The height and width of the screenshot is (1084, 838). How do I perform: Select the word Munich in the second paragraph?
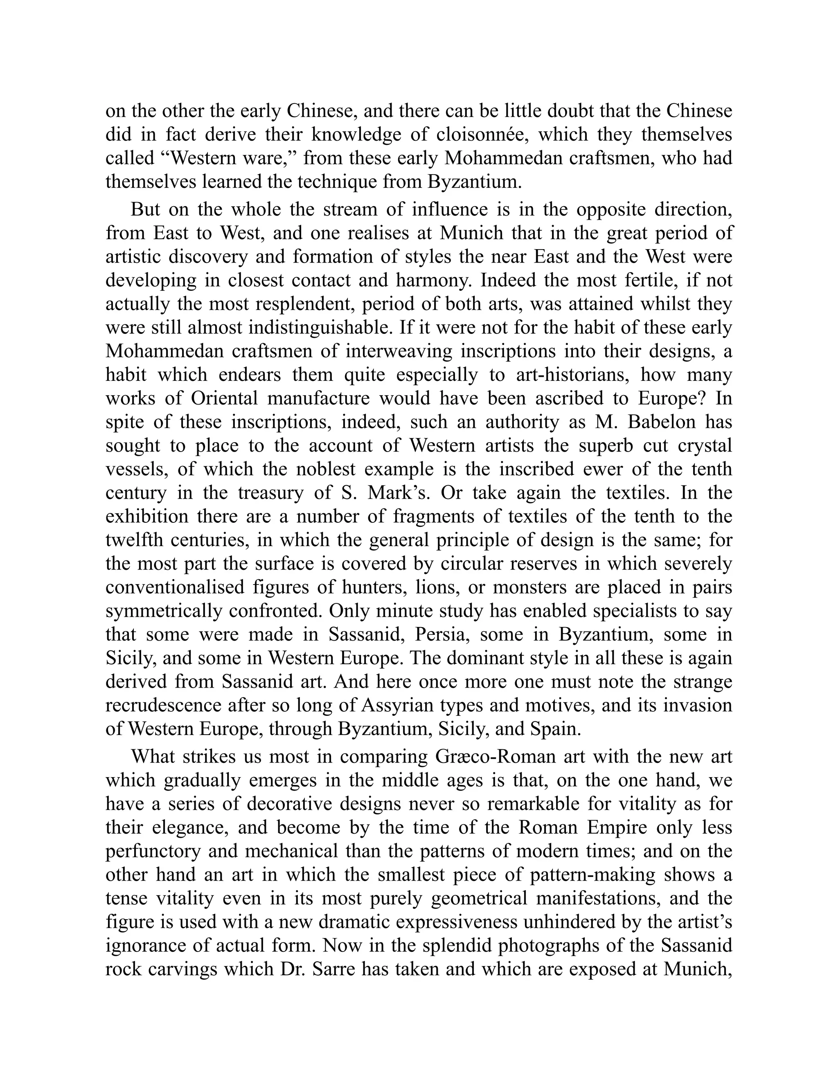point(472,233)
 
